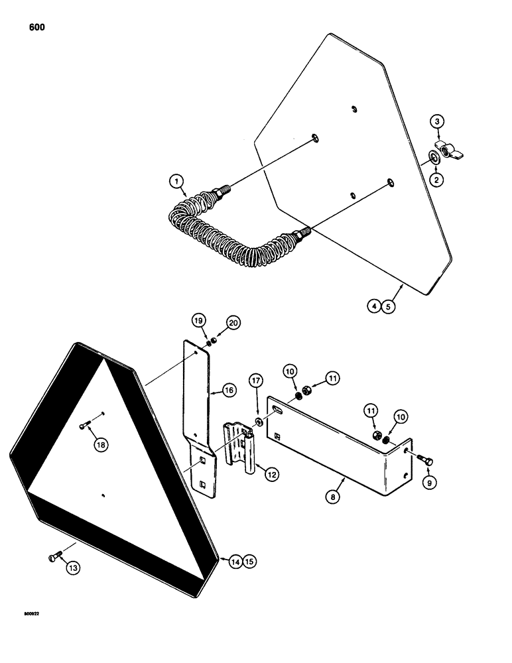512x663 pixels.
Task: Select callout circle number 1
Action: (176, 180)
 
